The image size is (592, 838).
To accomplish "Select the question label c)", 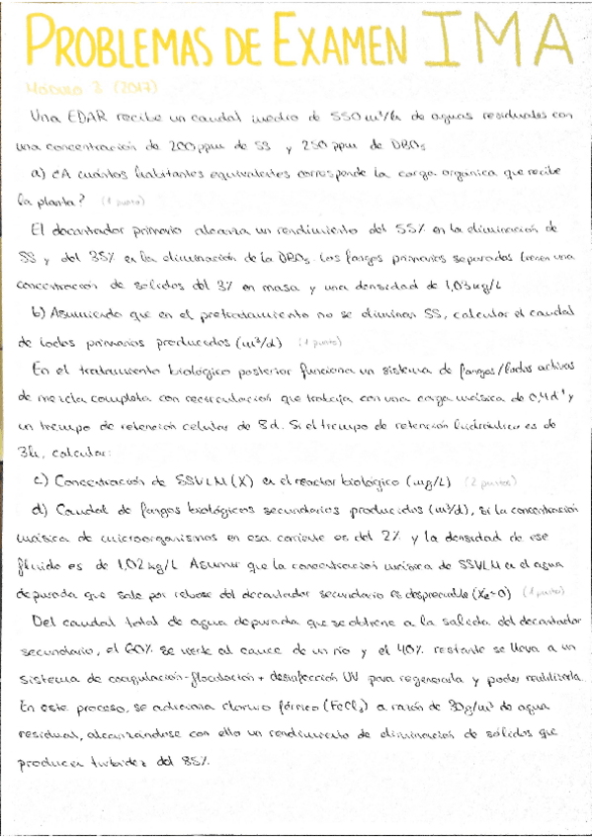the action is click(41, 481).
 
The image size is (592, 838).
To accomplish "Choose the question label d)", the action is click(41, 510).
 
